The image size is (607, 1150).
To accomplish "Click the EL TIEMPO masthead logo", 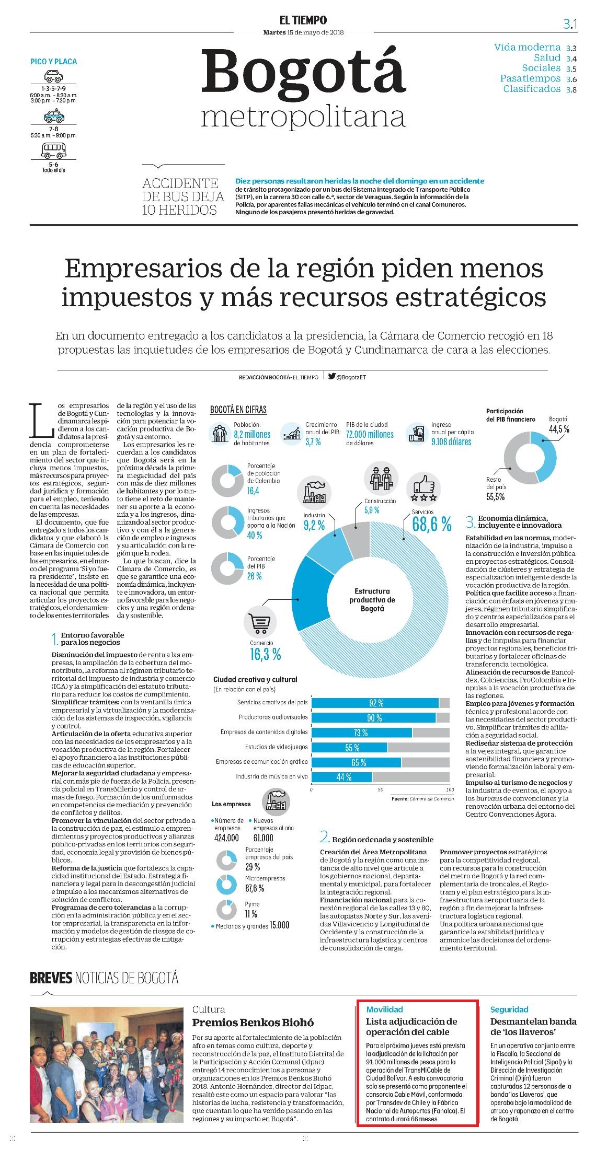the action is tap(303, 20).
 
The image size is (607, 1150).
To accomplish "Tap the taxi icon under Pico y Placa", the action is tap(53, 115).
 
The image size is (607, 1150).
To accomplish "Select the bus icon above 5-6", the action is tap(53, 150).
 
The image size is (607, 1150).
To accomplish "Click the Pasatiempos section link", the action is tap(530, 78).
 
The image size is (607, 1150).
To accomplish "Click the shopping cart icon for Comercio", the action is tap(260, 622).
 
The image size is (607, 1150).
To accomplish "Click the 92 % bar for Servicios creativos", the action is tap(375, 703).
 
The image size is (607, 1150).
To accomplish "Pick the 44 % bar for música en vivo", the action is tap(342, 777).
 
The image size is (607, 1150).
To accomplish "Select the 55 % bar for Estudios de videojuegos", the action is tap(349, 747).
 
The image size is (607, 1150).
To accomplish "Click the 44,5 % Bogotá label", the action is tap(559, 429).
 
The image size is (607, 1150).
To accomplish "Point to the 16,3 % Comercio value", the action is tap(265, 654).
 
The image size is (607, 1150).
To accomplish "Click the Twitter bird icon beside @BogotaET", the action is tap(331, 376).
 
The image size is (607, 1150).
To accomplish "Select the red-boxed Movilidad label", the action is tap(384, 1009).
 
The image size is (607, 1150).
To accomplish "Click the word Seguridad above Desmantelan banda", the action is tap(509, 1009).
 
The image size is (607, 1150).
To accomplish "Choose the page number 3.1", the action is tap(570, 24).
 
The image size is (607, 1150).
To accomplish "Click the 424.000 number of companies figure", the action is tap(226, 838).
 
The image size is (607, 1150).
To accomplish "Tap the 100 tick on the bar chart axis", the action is tap(450, 789).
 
